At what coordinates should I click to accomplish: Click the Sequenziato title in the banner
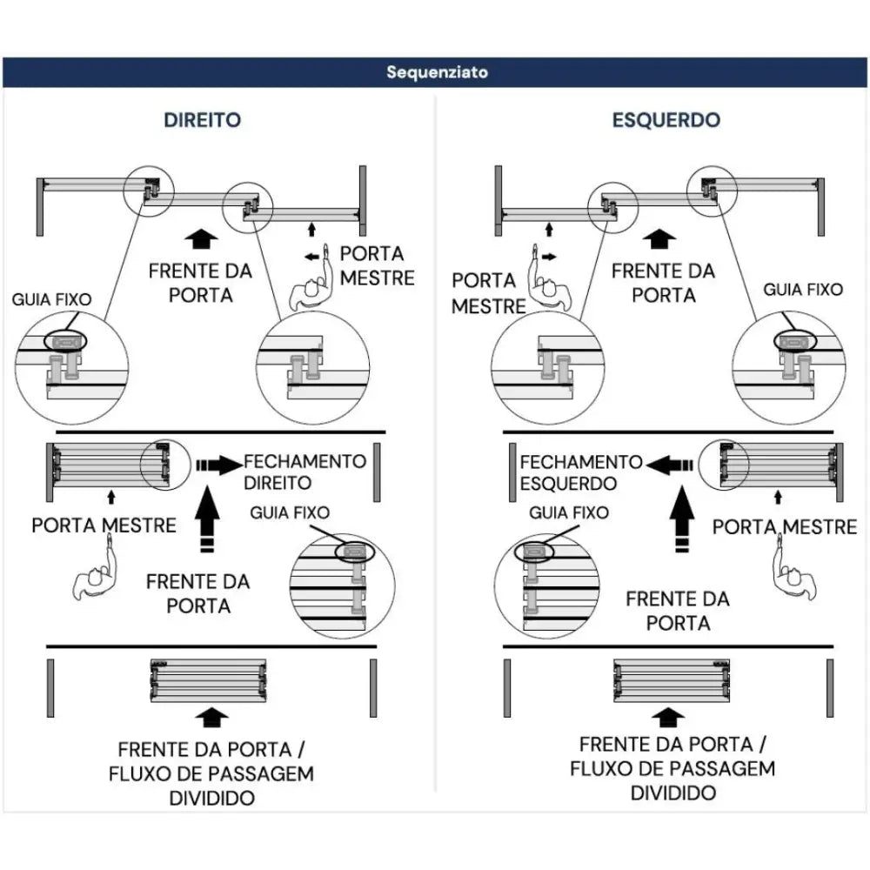coord(437,72)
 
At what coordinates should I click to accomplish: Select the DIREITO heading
coord(203,120)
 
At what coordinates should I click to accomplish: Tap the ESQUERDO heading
coord(666,120)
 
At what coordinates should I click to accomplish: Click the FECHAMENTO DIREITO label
coord(305,471)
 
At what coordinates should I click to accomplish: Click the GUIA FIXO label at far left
coord(51,299)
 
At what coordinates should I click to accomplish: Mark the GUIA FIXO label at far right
coord(802,290)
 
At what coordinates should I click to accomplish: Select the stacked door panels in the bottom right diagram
coord(670,680)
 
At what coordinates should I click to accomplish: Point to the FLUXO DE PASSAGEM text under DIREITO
coord(211,773)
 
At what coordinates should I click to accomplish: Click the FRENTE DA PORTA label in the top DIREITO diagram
coord(200,283)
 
